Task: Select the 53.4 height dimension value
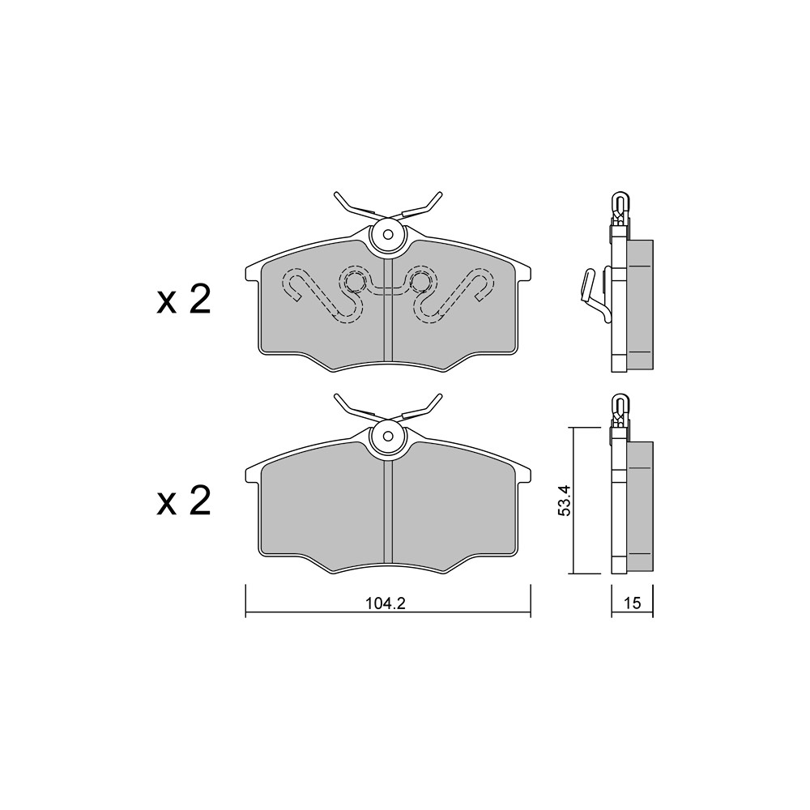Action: click(565, 501)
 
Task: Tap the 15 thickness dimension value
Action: click(633, 603)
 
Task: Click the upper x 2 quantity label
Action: click(184, 301)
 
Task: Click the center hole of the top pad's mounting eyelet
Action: click(388, 235)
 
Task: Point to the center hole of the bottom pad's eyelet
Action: click(388, 437)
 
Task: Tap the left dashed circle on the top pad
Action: click(355, 282)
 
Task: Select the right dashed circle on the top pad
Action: click(422, 282)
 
